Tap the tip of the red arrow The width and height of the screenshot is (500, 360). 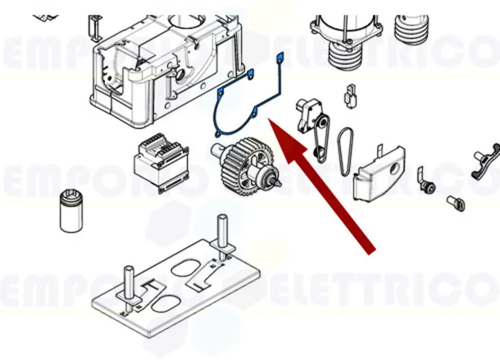point(272,123)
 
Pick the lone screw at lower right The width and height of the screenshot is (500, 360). point(455,203)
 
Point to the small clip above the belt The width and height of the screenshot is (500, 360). point(351,96)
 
